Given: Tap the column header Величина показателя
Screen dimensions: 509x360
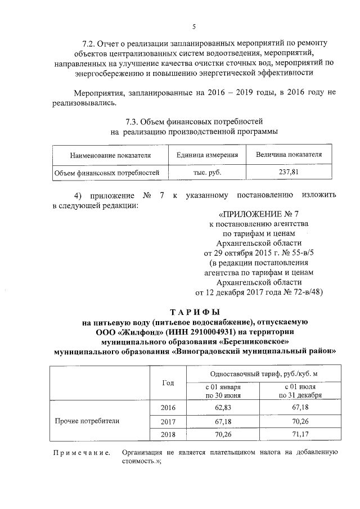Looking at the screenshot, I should [x=289, y=155].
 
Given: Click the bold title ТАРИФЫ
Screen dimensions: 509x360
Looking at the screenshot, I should [x=193, y=312].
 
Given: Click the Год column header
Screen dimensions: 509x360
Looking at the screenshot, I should [x=168, y=382].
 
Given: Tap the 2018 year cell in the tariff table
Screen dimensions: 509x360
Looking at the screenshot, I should [x=168, y=434].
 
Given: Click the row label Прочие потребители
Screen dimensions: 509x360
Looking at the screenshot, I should [x=87, y=421].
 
